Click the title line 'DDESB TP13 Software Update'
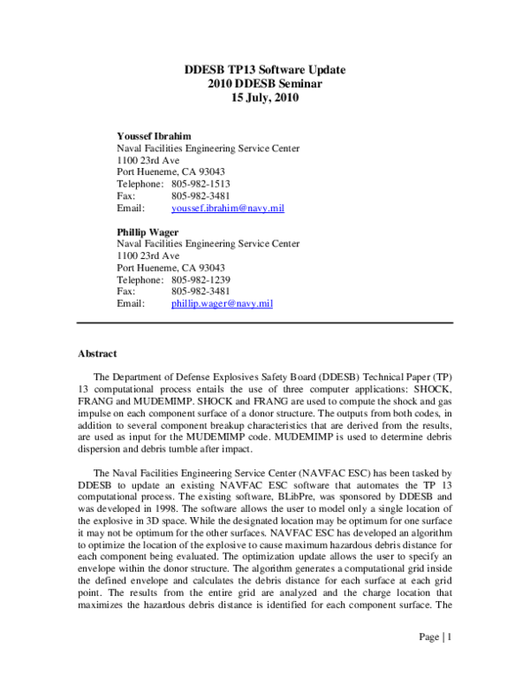pos(265,70)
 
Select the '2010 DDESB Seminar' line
pos(265,84)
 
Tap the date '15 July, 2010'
pos(265,98)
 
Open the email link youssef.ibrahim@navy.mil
pos(227,208)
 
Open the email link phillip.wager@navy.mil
pos(222,303)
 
